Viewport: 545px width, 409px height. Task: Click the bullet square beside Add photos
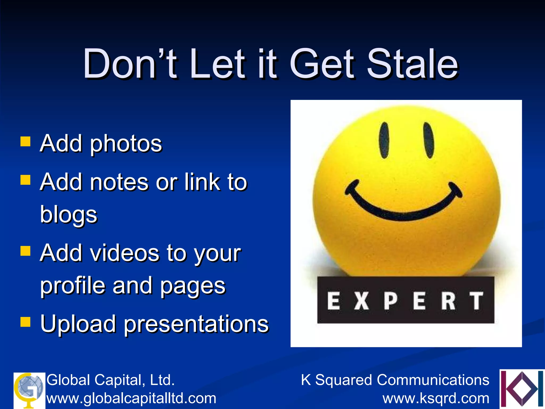point(26,142)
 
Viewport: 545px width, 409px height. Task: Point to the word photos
point(126,144)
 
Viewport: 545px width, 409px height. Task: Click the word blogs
point(69,215)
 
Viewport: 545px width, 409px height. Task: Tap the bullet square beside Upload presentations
point(26,321)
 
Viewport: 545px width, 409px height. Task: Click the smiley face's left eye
point(384,140)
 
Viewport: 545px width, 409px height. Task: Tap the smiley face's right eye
point(429,140)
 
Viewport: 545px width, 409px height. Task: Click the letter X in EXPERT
point(361,301)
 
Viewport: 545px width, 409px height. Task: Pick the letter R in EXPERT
point(448,301)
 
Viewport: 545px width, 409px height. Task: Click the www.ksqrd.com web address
point(436,398)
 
